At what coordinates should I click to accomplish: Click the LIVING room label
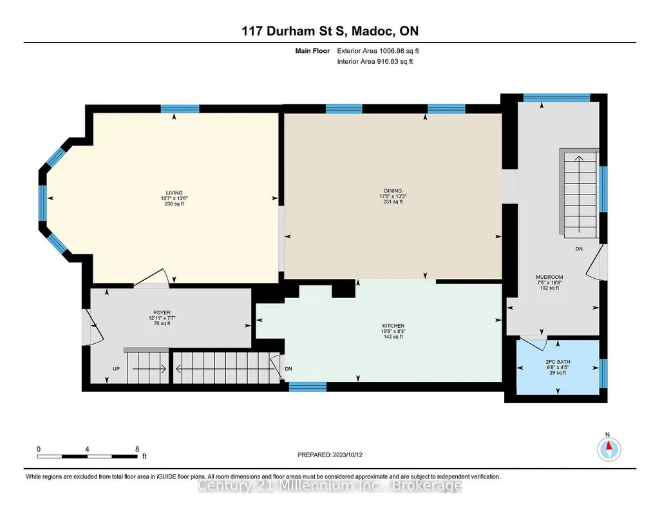point(174,193)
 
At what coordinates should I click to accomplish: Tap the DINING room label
point(393,191)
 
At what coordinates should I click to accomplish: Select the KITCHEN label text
point(393,326)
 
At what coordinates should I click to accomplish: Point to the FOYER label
point(162,313)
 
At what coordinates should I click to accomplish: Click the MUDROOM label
point(549,277)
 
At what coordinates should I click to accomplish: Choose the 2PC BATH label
point(558,362)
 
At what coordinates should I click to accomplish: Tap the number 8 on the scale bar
point(137,449)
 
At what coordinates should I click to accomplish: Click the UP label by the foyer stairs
point(116,368)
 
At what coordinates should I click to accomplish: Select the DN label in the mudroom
point(579,249)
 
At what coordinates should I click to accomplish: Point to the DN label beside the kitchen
point(288,368)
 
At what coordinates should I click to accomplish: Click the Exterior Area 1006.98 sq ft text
point(378,51)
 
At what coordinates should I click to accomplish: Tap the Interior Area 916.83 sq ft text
point(375,61)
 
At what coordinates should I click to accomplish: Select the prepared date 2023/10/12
point(348,455)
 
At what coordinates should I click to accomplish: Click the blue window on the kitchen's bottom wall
point(308,386)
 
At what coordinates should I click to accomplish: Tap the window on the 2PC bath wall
point(603,373)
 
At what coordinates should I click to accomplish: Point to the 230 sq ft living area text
point(174,204)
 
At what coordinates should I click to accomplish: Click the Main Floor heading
point(312,51)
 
